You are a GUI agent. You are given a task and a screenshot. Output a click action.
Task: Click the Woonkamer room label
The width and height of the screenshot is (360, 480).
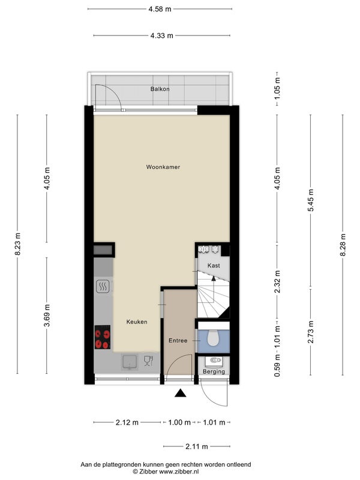(163, 167)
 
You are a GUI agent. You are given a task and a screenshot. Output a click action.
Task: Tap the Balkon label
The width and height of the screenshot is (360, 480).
(160, 89)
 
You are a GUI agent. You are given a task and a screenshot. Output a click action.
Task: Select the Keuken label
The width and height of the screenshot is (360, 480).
(137, 322)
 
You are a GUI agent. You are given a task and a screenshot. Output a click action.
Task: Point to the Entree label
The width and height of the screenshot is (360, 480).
(178, 340)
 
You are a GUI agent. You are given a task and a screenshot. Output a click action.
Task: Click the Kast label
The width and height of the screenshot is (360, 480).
(214, 265)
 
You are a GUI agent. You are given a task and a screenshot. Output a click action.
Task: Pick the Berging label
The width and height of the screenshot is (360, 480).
(214, 371)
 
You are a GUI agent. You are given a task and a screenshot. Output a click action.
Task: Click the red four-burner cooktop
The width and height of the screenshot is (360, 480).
(102, 337)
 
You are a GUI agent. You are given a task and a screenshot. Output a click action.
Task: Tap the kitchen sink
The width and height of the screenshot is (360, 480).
(130, 362)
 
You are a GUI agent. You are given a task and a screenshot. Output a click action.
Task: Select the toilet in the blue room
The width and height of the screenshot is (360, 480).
(214, 338)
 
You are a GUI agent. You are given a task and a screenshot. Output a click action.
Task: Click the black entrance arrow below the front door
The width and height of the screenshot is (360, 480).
(181, 393)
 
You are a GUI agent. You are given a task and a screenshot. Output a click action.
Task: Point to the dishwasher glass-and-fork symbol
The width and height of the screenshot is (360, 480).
(148, 361)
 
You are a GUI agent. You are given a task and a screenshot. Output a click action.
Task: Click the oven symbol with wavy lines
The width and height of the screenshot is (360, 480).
(102, 287)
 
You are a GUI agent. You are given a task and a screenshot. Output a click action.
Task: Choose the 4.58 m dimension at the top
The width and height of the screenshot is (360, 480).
(160, 9)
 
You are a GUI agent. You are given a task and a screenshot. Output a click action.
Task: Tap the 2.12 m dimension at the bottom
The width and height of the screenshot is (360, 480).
(127, 422)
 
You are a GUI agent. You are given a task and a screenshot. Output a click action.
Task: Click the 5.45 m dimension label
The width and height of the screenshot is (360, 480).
(311, 200)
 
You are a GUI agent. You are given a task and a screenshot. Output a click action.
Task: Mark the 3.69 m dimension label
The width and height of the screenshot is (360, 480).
(47, 316)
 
